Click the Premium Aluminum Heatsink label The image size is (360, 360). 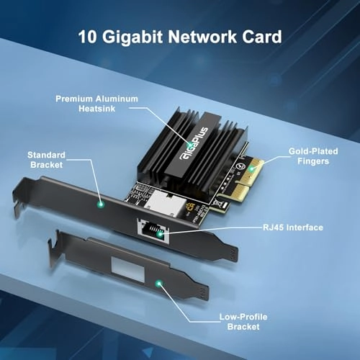click(107, 103)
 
